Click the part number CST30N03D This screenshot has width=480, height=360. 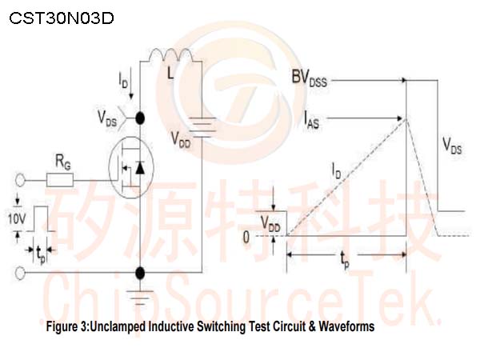[x=62, y=18]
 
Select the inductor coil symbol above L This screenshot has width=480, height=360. [x=170, y=54]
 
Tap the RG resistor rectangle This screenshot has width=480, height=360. [x=60, y=180]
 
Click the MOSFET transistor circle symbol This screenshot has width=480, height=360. [x=131, y=167]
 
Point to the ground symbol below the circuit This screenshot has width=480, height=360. [x=140, y=297]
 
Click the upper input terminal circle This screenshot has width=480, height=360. [x=20, y=180]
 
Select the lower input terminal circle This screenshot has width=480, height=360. [x=20, y=273]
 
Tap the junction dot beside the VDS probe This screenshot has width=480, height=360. [x=140, y=118]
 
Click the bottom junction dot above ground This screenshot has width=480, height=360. [x=140, y=273]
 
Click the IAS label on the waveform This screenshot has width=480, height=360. [x=311, y=120]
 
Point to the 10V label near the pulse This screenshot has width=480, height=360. [x=17, y=219]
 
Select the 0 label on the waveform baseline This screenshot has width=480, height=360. [x=246, y=238]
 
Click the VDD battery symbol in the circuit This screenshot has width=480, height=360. [x=202, y=127]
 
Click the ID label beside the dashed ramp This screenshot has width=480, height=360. [x=337, y=171]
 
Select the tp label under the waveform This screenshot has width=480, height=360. [x=345, y=260]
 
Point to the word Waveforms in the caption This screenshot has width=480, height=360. [x=346, y=326]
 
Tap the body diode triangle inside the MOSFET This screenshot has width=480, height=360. [x=140, y=168]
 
